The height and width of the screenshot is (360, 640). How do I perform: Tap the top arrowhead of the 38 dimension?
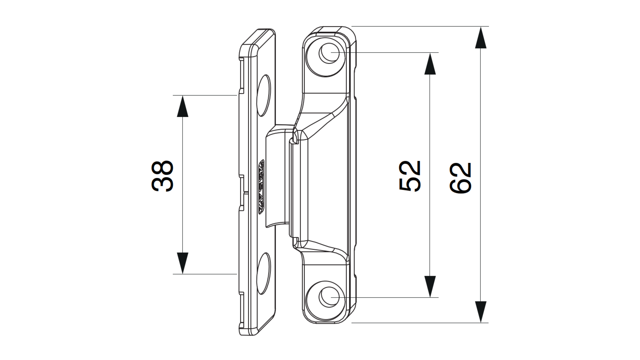(x=183, y=107)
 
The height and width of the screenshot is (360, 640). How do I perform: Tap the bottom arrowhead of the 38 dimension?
(x=183, y=263)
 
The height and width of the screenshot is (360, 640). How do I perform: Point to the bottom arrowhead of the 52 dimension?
(x=430, y=286)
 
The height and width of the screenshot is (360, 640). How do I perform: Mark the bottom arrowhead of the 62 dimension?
(x=480, y=311)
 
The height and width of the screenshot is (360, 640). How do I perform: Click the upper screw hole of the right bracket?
(x=329, y=53)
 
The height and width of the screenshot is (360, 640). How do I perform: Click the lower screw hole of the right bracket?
(x=329, y=297)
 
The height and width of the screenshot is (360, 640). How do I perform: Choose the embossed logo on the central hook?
(x=261, y=187)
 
